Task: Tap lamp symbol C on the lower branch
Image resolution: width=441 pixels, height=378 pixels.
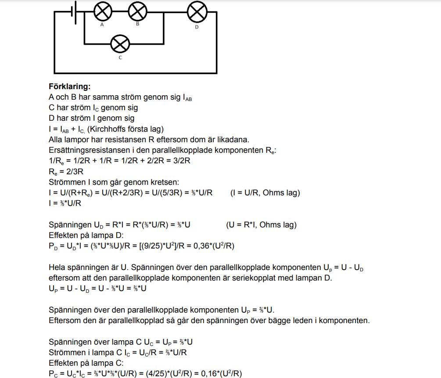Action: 120,43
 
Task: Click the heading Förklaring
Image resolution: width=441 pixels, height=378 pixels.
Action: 69,86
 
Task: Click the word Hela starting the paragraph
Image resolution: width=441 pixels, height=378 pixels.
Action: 57,267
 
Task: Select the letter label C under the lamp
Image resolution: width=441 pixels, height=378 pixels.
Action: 120,58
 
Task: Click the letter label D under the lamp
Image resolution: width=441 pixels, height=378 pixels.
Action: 197,27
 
